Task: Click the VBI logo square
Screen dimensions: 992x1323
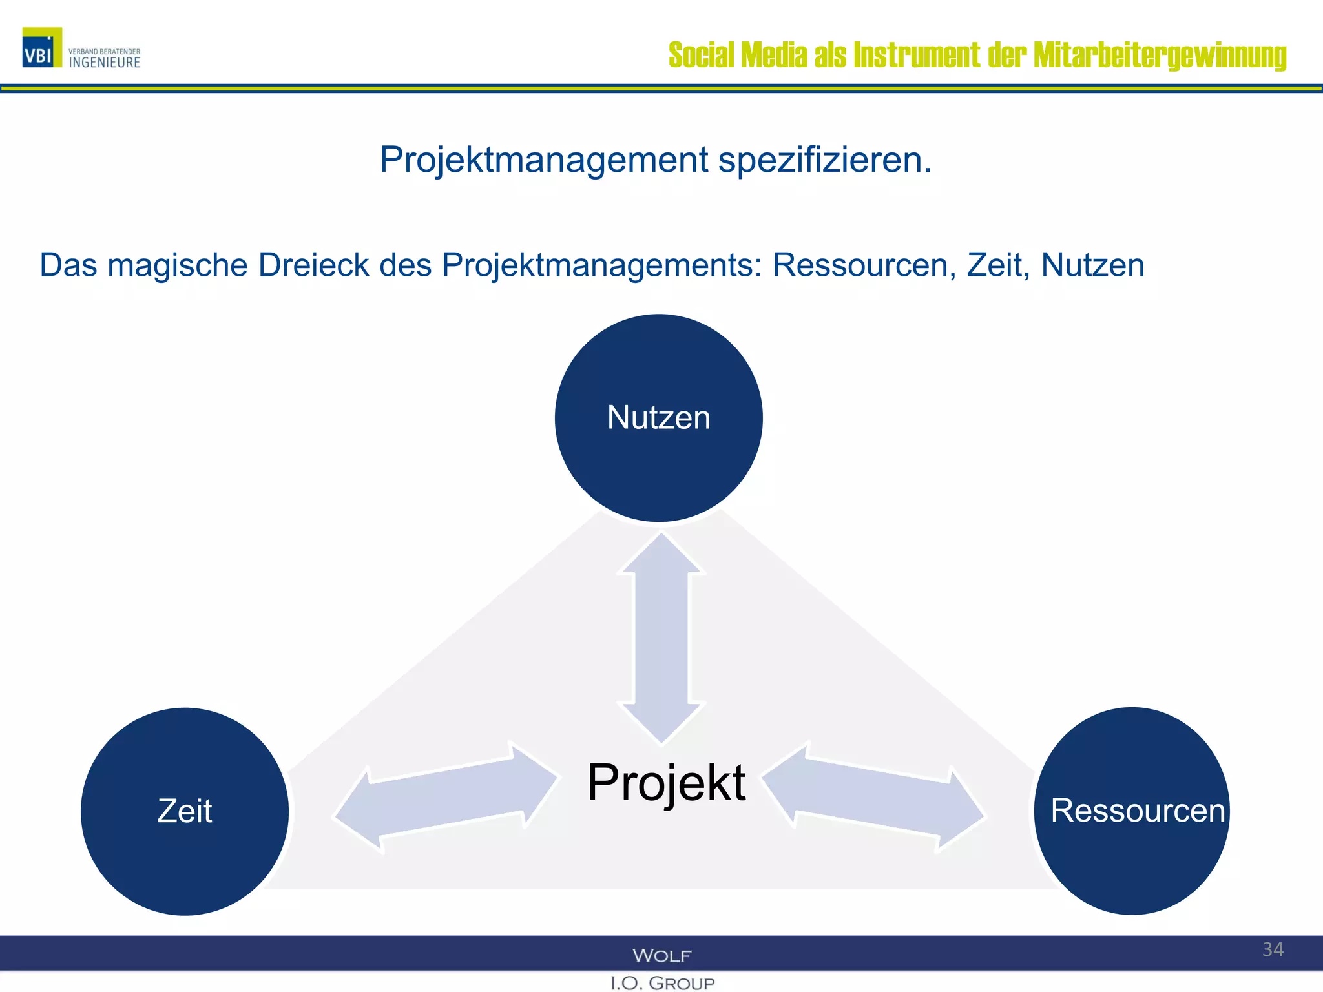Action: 42,47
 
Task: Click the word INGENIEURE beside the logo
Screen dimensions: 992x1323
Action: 105,63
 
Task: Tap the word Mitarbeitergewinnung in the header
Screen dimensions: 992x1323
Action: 1160,56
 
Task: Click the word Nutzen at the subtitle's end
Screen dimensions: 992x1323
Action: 1092,265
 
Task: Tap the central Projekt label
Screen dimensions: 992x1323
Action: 666,783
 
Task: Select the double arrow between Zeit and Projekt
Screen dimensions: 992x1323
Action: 446,798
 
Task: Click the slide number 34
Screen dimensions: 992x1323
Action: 1273,949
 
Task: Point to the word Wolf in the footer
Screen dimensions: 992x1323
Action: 661,955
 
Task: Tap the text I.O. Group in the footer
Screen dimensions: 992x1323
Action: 662,983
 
